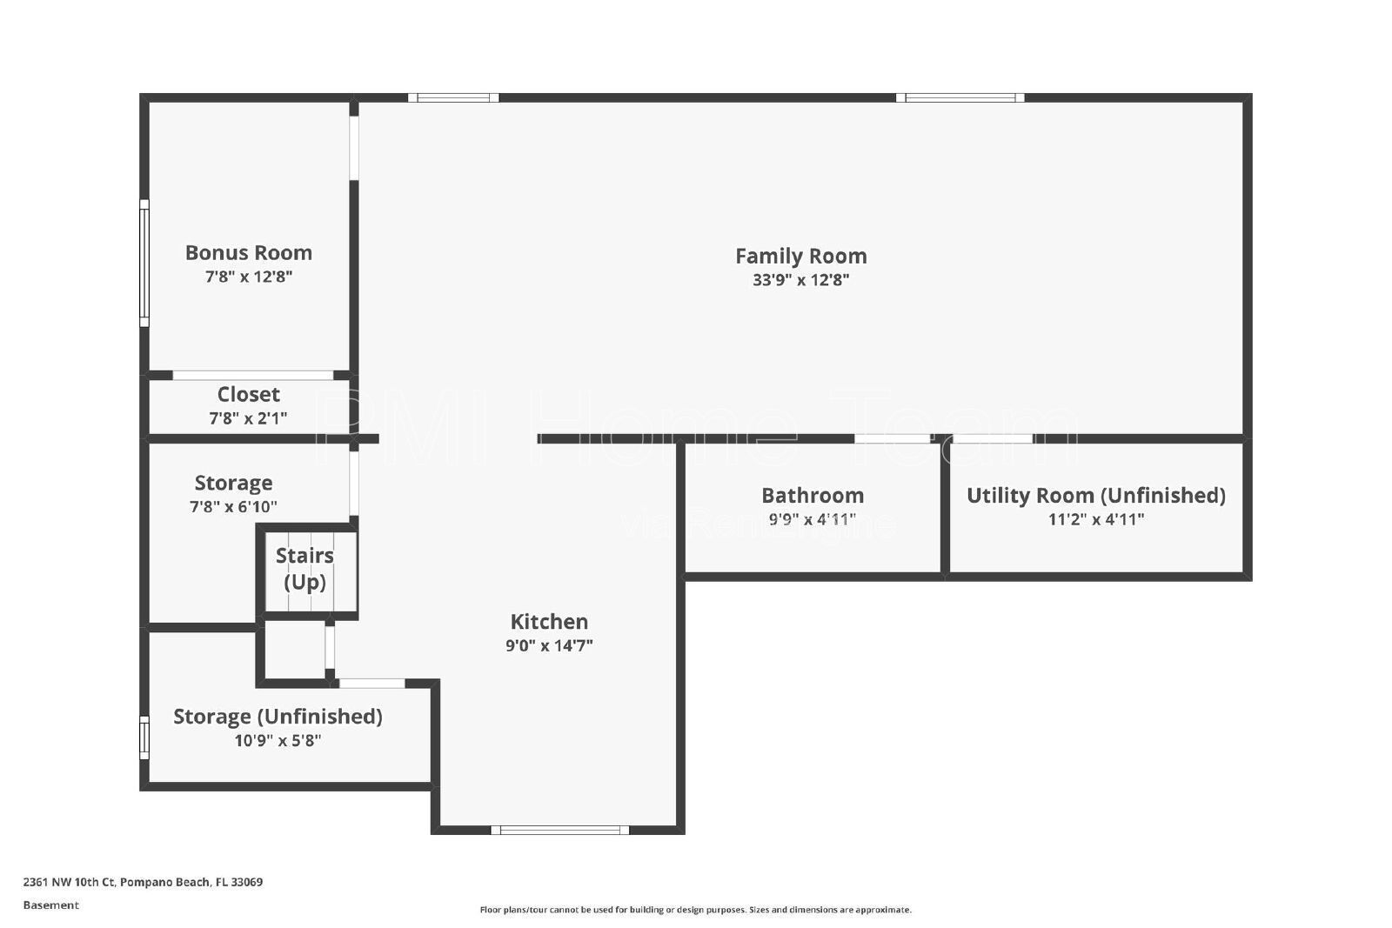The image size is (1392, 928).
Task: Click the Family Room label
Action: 801,256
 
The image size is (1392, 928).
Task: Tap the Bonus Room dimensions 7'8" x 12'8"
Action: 249,277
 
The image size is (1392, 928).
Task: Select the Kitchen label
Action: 549,621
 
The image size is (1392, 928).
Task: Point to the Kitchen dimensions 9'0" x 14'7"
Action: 549,645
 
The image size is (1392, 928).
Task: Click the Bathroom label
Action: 813,495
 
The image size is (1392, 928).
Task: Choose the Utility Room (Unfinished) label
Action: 1096,495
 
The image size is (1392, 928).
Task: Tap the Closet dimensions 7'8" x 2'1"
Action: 249,418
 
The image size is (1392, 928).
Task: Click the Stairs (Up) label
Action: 304,568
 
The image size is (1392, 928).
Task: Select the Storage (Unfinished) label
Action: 278,716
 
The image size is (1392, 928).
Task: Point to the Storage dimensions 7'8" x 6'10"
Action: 234,507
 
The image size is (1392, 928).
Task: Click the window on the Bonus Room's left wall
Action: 144,264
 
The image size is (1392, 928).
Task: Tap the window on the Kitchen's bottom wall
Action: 560,830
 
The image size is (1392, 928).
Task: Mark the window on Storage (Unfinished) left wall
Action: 144,738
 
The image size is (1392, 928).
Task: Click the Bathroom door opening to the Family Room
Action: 893,438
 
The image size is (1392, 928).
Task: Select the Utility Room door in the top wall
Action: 993,438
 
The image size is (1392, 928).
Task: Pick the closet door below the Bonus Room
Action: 253,375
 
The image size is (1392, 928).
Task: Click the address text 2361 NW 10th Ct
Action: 69,882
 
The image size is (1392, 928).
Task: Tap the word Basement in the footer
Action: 51,905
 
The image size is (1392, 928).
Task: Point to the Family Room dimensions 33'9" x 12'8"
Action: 801,279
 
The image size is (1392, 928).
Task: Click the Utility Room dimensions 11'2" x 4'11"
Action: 1096,519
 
